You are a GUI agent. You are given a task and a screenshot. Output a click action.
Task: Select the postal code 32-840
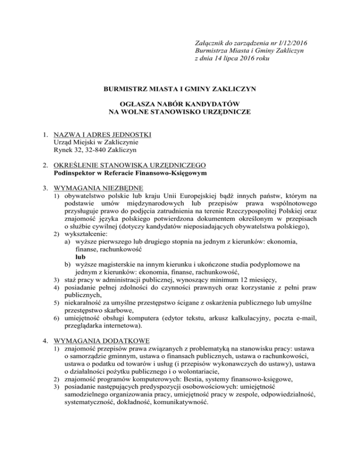tap(92, 151)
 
